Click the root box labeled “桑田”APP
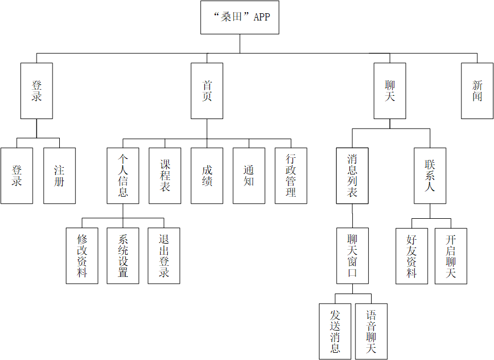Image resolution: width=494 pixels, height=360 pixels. coord(240,17)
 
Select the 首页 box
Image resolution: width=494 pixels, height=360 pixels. coord(207,91)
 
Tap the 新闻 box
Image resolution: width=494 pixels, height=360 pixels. coord(477,91)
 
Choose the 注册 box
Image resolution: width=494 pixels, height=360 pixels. coord(59,176)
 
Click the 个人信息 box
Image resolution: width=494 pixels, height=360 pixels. coord(123,176)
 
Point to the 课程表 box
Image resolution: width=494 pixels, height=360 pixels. coord(165,176)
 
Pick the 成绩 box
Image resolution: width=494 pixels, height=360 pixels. coord(207,176)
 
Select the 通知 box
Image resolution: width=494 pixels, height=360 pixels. coord(249,176)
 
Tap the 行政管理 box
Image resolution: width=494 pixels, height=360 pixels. coord(291,176)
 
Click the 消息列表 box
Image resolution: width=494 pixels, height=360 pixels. coord(352,176)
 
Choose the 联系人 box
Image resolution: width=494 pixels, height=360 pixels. coord(430,176)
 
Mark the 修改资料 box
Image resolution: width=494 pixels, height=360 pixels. coord(82,256)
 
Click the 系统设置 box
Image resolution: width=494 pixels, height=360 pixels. coord(123,256)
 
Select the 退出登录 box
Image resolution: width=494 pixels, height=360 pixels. coord(164,256)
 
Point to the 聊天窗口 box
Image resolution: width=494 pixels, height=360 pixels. coord(352,256)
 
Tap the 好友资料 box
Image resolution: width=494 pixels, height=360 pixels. coord(411,256)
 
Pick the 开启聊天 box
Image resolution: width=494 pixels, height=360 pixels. coord(451,256)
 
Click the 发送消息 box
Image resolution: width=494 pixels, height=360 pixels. coord(335,331)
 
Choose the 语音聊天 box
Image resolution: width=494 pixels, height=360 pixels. coord(371,331)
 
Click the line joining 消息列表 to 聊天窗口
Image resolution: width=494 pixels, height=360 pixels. coord(352,215)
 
